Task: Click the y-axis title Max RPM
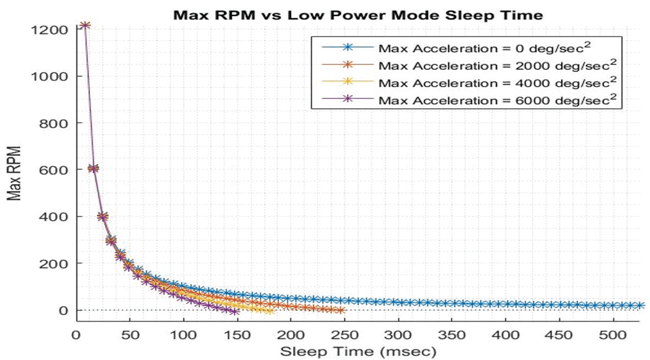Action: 15,170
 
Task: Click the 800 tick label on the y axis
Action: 54,123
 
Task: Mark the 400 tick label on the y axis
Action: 54,216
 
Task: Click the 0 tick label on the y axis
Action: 62,310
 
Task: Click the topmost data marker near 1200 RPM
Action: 85,26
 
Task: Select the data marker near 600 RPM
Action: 93,168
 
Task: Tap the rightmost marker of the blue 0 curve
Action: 641,306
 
